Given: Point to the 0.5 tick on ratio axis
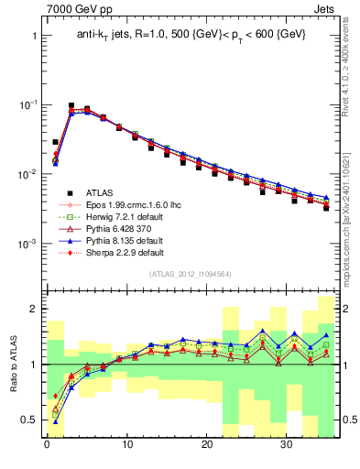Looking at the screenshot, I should pyautogui.click(x=30, y=420).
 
